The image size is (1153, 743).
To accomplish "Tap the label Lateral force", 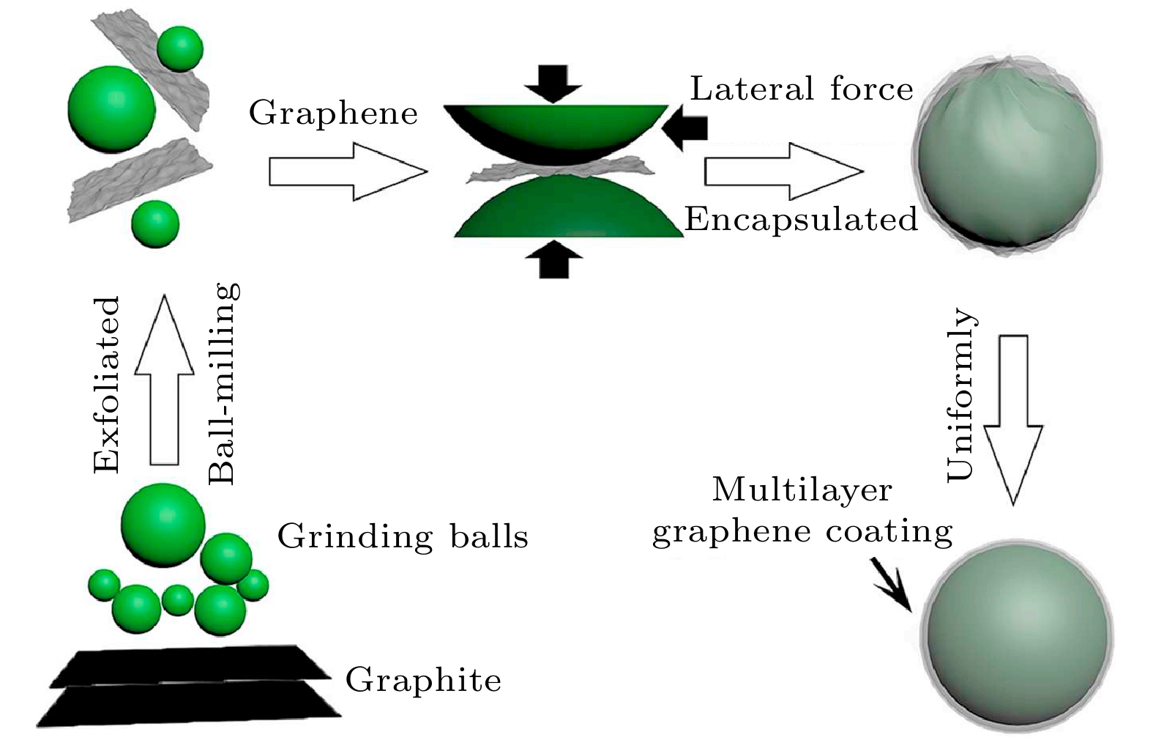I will click(802, 89).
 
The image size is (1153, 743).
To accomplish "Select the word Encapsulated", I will click(801, 219).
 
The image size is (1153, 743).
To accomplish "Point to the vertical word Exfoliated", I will click(107, 385).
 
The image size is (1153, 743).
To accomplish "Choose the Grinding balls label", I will click(403, 537).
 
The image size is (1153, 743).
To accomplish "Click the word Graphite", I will click(423, 680).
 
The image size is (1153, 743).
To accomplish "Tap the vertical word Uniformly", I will click(961, 396).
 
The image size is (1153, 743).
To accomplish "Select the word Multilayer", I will click(802, 489).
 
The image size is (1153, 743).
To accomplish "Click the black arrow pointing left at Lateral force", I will click(684, 127).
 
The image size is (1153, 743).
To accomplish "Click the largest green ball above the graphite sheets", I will click(163, 525).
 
